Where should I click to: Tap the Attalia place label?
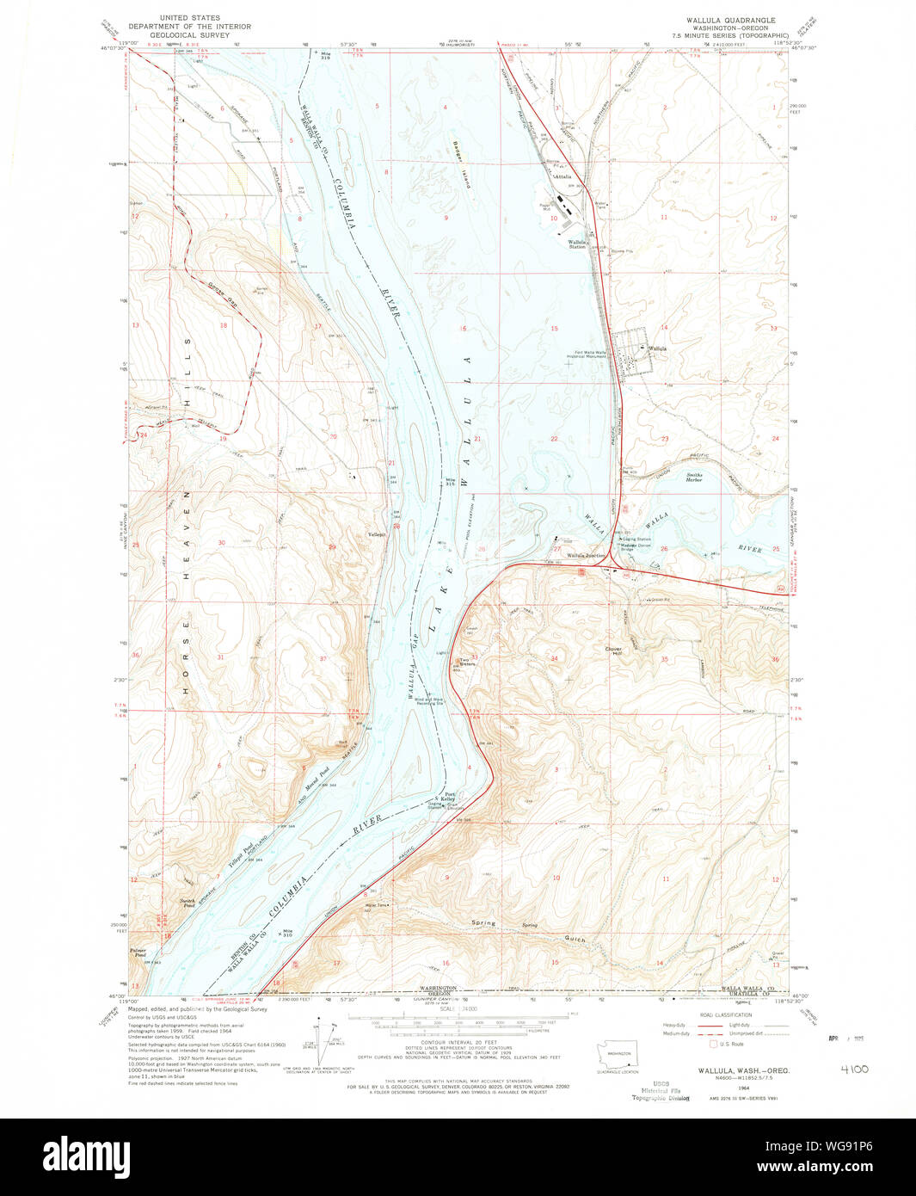[x=563, y=176]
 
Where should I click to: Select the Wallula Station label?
[x=576, y=244]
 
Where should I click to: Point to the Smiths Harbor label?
[x=693, y=477]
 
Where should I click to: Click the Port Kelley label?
[x=449, y=797]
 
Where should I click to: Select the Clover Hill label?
[x=613, y=651]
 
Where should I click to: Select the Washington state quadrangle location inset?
[x=618, y=1052]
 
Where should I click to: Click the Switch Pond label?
[x=188, y=903]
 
